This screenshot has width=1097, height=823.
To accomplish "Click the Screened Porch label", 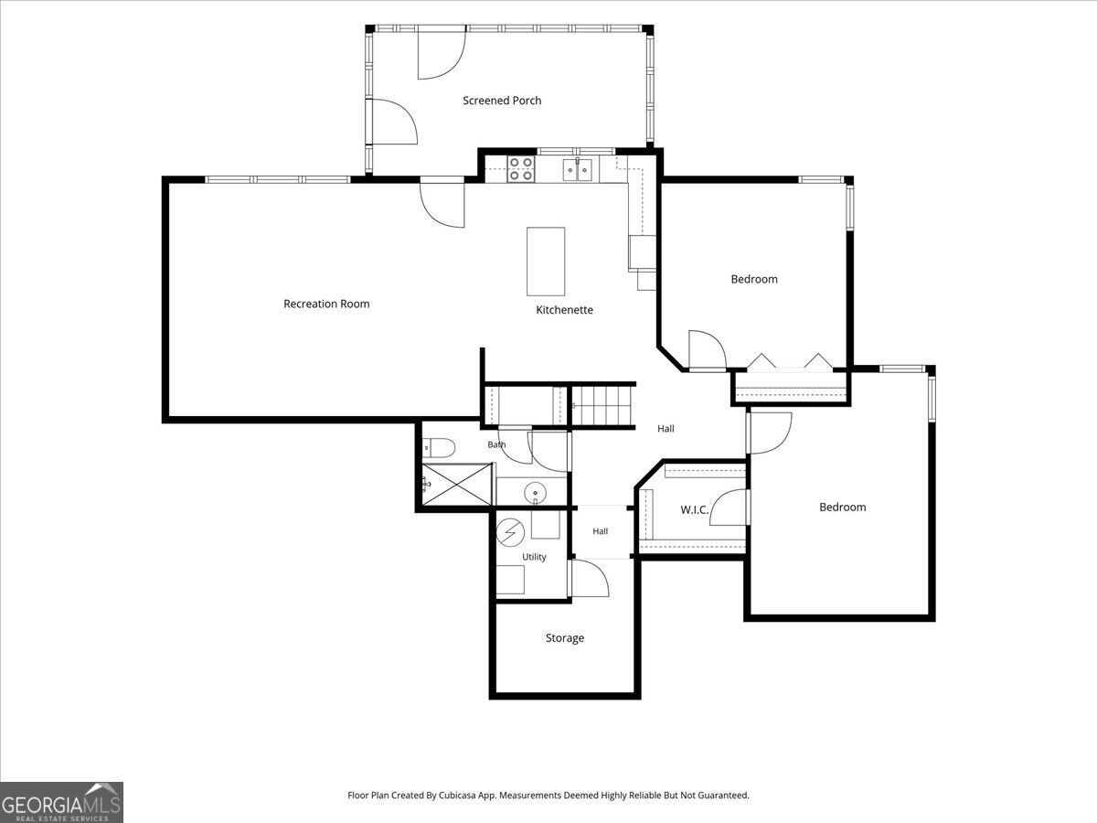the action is pyautogui.click(x=502, y=101).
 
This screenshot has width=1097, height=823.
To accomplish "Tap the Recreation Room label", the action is pyautogui.click(x=326, y=304).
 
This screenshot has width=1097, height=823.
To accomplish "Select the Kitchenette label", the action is pyautogui.click(x=564, y=310).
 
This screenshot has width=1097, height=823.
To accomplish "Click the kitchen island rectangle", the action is pyautogui.click(x=546, y=262).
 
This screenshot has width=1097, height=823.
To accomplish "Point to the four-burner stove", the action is pyautogui.click(x=521, y=169).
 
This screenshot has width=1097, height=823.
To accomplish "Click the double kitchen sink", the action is pyautogui.click(x=578, y=169).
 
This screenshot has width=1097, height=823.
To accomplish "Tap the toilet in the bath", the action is pyautogui.click(x=439, y=448).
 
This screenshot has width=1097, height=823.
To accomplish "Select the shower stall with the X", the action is pyautogui.click(x=457, y=485).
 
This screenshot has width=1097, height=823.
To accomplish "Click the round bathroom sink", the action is pyautogui.click(x=536, y=493).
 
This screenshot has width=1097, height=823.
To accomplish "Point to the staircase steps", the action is pyautogui.click(x=602, y=406).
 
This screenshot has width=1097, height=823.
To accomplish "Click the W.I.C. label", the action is pyautogui.click(x=694, y=509).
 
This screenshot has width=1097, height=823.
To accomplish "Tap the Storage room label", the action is pyautogui.click(x=565, y=638).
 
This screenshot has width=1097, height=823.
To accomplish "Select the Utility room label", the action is pyautogui.click(x=534, y=557).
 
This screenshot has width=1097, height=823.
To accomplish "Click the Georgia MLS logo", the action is pyautogui.click(x=61, y=803).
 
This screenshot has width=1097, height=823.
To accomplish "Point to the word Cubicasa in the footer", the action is pyautogui.click(x=457, y=795).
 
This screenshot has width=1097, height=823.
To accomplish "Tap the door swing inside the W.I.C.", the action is pyautogui.click(x=730, y=508).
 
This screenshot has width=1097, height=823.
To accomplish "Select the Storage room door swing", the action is pyautogui.click(x=590, y=578).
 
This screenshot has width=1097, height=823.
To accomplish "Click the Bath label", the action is pyautogui.click(x=496, y=444).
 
